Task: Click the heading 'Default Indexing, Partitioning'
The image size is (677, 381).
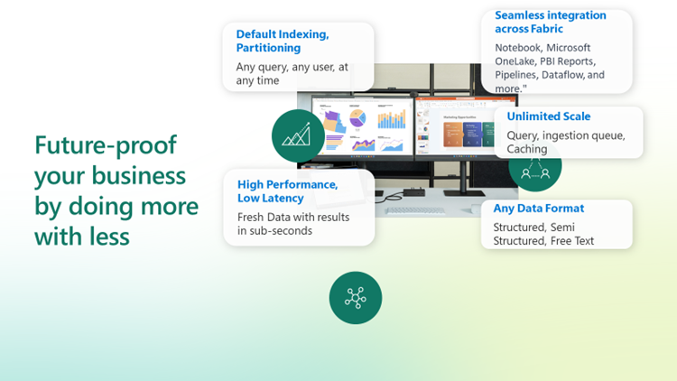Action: pos(283,41)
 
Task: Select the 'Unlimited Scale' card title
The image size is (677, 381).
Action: pos(548,116)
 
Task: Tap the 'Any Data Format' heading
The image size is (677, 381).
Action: pos(538,209)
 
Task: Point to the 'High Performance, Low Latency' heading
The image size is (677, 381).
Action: pos(288,191)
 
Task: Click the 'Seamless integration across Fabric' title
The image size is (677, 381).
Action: pos(551,22)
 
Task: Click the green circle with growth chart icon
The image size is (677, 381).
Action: pos(298,135)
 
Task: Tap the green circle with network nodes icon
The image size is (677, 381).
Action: pos(356,298)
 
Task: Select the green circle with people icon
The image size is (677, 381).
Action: pos(535,169)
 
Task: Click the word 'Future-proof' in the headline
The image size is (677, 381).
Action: pos(106,145)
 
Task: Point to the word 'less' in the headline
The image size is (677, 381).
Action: pos(109,237)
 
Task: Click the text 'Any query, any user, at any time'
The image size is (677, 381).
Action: pos(292,74)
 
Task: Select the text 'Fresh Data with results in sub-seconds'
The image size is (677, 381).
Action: pos(293,224)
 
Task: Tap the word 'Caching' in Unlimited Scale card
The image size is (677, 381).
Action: pos(527,149)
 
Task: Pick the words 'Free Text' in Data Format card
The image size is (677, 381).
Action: pos(572,241)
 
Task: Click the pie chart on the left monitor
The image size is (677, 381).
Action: pos(357,117)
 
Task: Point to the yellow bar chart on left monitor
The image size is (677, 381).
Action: pos(392,119)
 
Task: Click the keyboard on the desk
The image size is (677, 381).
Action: pos(414,210)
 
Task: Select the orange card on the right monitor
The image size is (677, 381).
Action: pos(452,135)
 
